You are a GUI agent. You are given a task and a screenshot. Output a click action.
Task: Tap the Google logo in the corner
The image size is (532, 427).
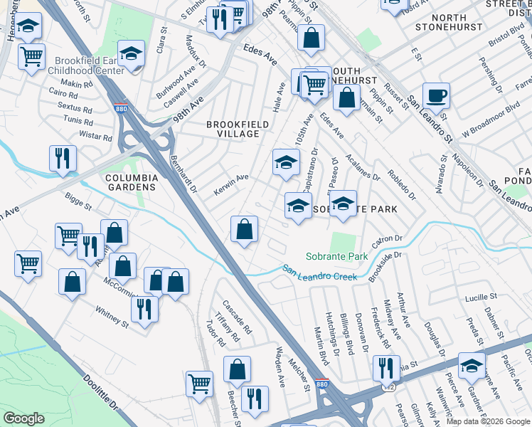coord(23,418)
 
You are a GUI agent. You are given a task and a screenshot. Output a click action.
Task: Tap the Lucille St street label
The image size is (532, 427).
coord(481,296)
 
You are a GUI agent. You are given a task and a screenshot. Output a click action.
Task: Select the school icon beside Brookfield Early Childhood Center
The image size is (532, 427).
coord(132,54)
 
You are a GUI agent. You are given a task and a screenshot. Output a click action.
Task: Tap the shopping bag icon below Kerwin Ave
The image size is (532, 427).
coord(244,230)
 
